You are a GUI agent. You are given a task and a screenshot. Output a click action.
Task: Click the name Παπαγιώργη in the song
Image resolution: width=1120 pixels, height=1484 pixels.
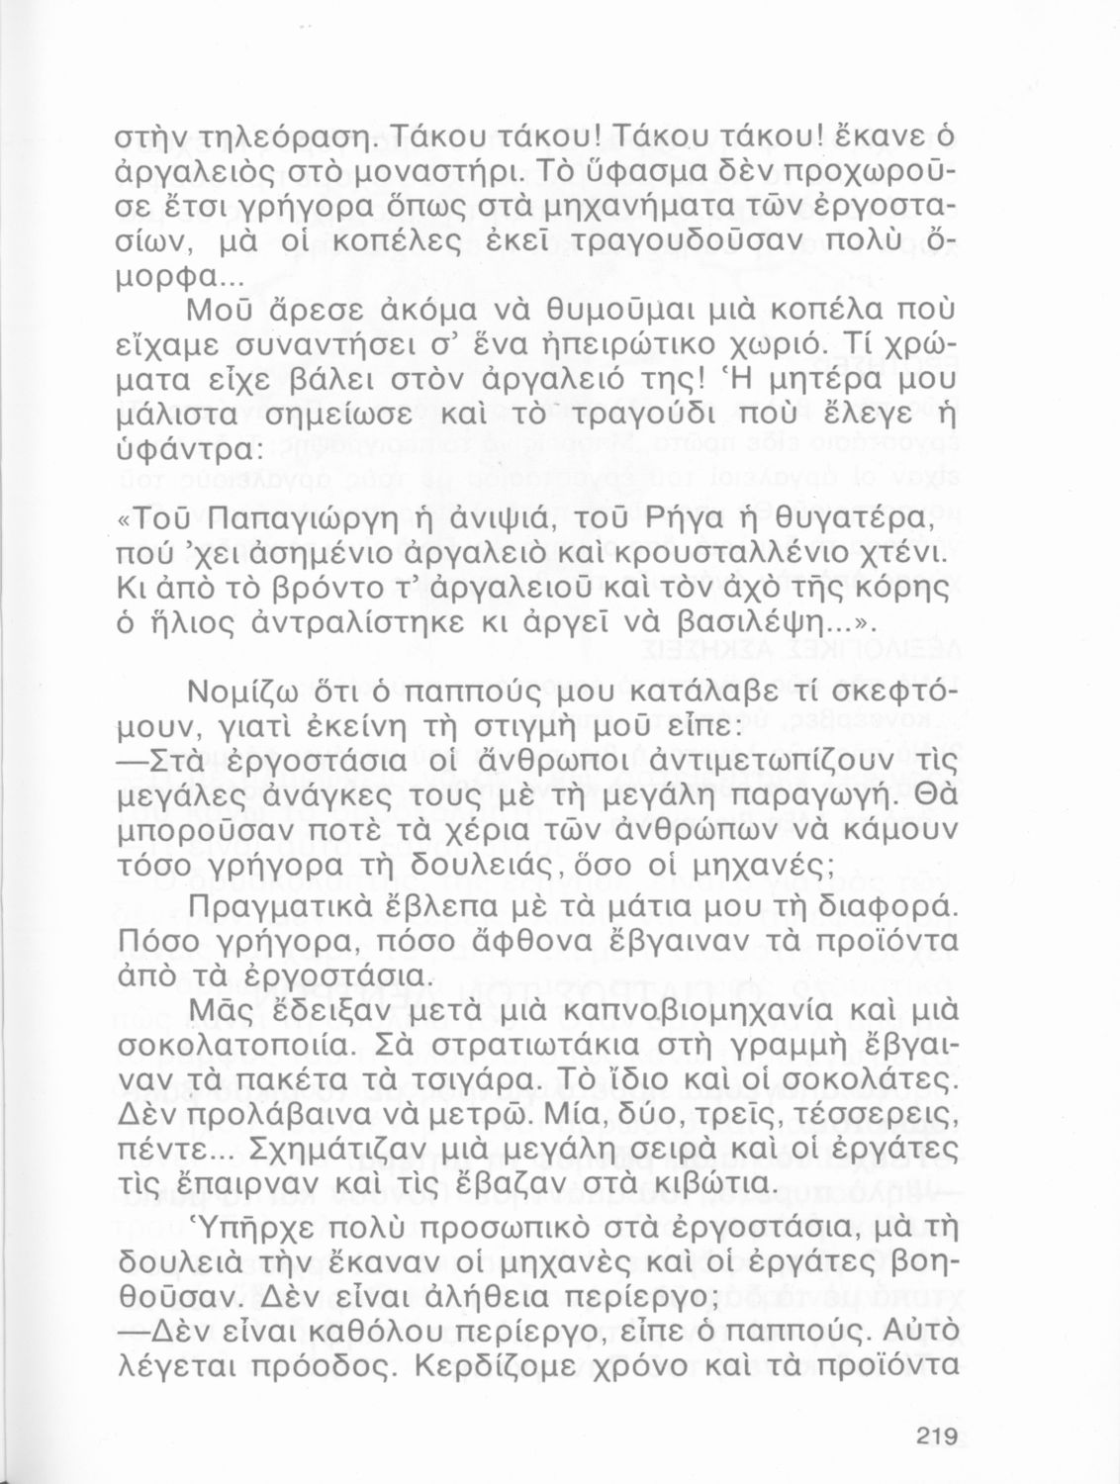[321, 516]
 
